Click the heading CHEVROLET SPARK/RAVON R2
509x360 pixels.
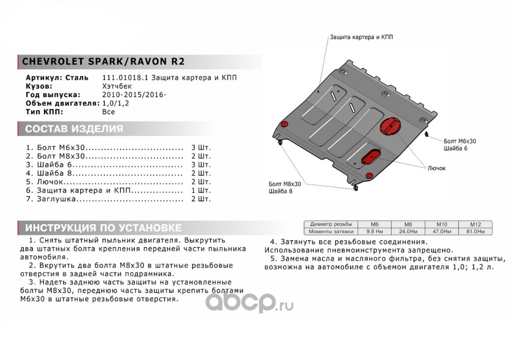103,61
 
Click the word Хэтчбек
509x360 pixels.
117,86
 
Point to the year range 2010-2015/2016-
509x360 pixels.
134,94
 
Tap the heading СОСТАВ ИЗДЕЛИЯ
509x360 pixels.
74,129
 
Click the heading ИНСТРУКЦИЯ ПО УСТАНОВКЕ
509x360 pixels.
103,228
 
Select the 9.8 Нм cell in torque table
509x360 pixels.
375,231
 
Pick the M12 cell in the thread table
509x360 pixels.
476,224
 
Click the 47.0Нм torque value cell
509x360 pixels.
442,231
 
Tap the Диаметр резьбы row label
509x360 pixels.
331,224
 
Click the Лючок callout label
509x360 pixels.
436,168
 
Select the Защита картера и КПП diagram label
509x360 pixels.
362,37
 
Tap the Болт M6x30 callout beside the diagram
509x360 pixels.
460,141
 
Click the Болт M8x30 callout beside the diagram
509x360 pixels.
285,184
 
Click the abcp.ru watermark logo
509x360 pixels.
249,302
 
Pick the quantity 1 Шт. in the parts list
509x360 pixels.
201,190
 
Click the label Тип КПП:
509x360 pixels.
45,112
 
